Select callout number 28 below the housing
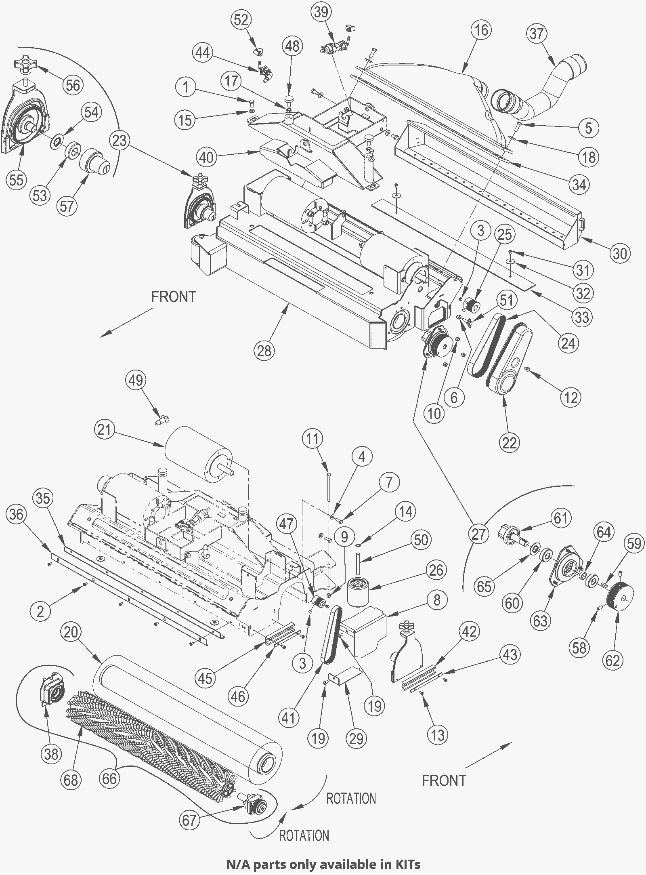tap(264, 350)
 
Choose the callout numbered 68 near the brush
tap(71, 779)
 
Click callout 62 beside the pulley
tap(612, 660)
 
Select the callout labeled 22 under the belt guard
tap(509, 443)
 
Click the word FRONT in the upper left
tap(174, 297)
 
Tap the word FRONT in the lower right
tap(444, 780)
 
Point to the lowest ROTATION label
tap(304, 835)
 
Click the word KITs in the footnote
tap(407, 864)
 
